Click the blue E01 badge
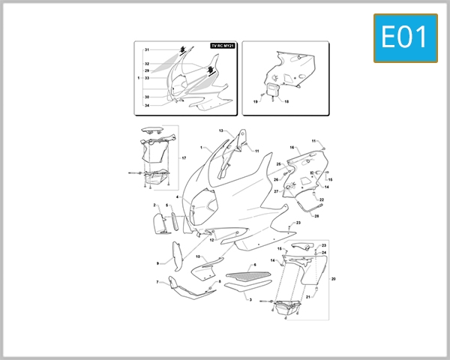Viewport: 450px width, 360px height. tap(405, 37)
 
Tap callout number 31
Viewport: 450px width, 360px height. tap(147, 49)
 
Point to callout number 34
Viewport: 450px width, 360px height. tap(147, 106)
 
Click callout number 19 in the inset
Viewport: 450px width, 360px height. tap(255, 101)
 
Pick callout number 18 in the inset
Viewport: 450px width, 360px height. tap(286, 101)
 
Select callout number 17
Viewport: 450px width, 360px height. tap(184, 158)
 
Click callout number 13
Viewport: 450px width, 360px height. tap(221, 130)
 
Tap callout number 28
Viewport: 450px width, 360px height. tap(316, 216)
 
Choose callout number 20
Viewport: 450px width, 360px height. tap(333, 279)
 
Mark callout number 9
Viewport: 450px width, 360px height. tap(157, 263)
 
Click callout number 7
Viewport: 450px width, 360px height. tap(157, 282)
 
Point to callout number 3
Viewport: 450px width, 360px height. tap(250, 298)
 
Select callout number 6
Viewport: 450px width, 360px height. tap(254, 265)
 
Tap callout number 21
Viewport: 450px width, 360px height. tap(307, 297)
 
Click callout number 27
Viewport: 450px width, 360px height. tap(275, 192)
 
